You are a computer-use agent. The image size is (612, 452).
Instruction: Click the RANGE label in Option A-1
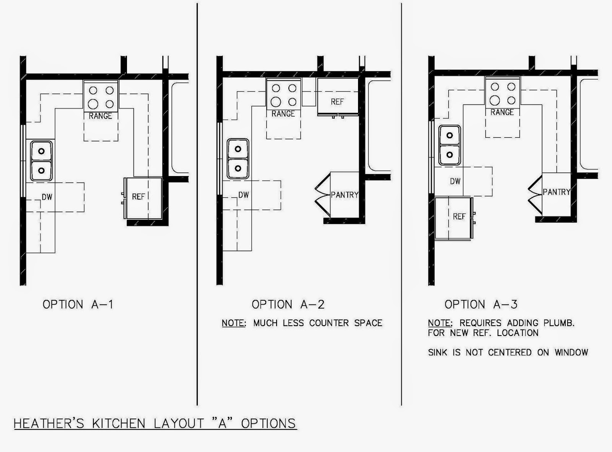point(101,116)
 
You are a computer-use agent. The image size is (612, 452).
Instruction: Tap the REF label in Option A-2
point(337,102)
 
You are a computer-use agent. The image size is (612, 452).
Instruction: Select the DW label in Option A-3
point(455,181)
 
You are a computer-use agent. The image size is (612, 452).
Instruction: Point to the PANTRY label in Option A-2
point(345,195)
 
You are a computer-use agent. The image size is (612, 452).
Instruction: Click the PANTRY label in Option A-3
point(556,192)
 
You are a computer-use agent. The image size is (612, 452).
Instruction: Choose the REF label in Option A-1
point(138,197)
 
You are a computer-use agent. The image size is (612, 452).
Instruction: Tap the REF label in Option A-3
point(459,217)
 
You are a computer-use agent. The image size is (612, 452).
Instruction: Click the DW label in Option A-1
point(47,197)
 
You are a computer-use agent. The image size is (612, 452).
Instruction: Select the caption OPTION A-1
point(78,305)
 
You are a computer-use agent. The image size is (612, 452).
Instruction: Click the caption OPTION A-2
point(288,305)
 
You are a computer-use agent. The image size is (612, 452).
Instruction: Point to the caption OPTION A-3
point(481,305)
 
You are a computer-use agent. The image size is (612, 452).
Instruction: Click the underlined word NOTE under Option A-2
point(234,323)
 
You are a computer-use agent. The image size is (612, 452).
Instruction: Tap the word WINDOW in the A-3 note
point(571,352)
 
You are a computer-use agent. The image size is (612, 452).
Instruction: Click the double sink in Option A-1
point(41,161)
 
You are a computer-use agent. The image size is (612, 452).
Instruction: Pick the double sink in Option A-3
point(449,145)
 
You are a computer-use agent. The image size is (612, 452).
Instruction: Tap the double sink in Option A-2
point(238,159)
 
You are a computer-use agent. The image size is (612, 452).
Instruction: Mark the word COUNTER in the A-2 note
point(329,323)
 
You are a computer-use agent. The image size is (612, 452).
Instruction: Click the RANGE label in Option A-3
point(502,113)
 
